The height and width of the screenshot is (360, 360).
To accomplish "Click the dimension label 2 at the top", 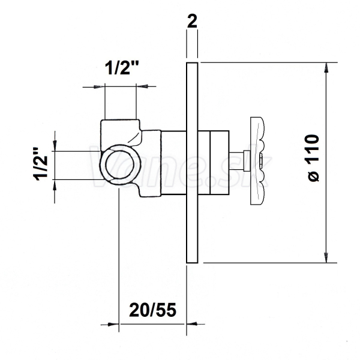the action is (x=192, y=22).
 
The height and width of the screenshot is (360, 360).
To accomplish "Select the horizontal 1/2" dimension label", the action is (x=122, y=68).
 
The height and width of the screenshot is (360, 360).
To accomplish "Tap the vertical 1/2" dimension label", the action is (x=41, y=164).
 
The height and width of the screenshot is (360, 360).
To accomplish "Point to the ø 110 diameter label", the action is (x=313, y=158).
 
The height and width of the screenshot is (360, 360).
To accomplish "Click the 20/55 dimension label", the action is (x=152, y=310).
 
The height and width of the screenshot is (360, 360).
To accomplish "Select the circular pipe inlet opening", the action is (x=117, y=164).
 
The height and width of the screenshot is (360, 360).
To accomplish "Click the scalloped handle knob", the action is (x=257, y=161).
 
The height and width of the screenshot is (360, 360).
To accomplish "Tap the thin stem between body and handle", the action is (x=236, y=161).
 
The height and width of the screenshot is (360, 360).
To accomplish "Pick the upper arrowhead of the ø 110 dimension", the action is (x=326, y=68).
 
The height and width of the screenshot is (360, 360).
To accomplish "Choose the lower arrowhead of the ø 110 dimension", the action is (x=326, y=257).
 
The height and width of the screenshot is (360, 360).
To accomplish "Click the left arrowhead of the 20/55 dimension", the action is (x=113, y=325).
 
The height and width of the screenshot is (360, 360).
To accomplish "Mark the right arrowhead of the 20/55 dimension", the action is (x=192, y=324).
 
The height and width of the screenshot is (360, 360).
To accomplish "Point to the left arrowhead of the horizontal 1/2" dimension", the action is (x=99, y=86).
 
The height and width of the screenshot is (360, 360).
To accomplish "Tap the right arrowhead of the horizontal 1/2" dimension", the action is (x=142, y=86).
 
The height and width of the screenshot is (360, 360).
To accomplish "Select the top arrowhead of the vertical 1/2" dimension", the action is (x=55, y=146).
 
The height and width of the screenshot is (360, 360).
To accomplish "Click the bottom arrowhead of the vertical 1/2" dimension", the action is (x=55, y=185).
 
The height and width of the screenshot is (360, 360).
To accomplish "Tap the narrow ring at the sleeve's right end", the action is (x=220, y=163).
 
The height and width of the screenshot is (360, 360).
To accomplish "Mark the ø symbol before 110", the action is (x=313, y=176).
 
